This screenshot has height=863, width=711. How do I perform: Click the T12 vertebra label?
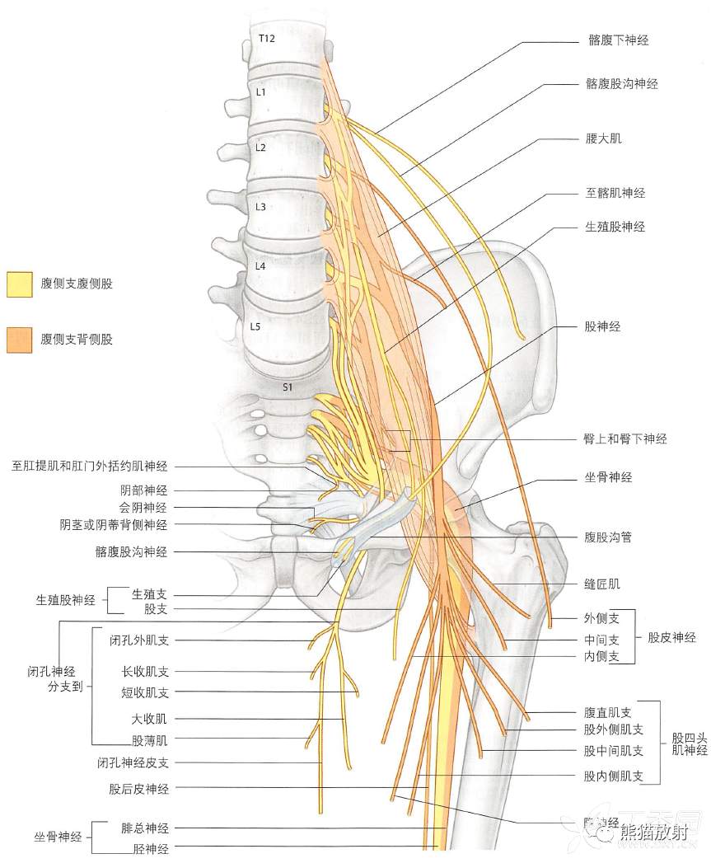pos(265,39)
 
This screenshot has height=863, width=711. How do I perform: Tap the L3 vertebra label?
pos(260,207)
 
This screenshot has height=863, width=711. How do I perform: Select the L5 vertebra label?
pos(255,326)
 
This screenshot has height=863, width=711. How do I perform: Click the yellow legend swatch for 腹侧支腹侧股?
pos(19,284)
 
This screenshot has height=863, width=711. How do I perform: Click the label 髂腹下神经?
pos(613,40)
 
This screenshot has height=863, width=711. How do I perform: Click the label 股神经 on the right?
pos(602,326)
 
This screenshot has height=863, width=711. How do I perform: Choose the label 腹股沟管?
pos(608,537)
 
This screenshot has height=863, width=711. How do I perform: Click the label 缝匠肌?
pos(602,584)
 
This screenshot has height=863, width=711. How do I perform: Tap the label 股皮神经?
pos(671,637)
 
